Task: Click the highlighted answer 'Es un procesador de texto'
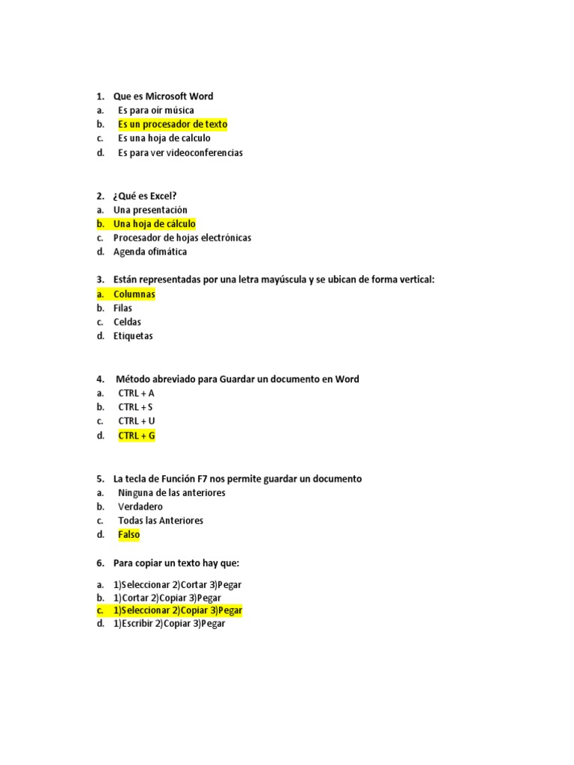[173, 124]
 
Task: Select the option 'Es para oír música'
[155, 111]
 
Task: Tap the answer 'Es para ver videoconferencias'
[180, 152]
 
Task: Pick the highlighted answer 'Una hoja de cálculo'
[154, 223]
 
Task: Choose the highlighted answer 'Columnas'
[135, 294]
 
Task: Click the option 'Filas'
[123, 308]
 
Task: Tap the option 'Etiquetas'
[133, 336]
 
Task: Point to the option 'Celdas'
[127, 322]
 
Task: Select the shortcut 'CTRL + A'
[136, 393]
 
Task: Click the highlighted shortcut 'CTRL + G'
[137, 436]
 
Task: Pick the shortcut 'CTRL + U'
[137, 421]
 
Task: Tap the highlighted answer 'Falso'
[129, 535]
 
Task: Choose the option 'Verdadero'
[141, 507]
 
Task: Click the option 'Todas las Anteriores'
[161, 521]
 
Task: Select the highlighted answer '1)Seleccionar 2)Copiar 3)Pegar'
[178, 610]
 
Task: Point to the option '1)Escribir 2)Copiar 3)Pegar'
[169, 624]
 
